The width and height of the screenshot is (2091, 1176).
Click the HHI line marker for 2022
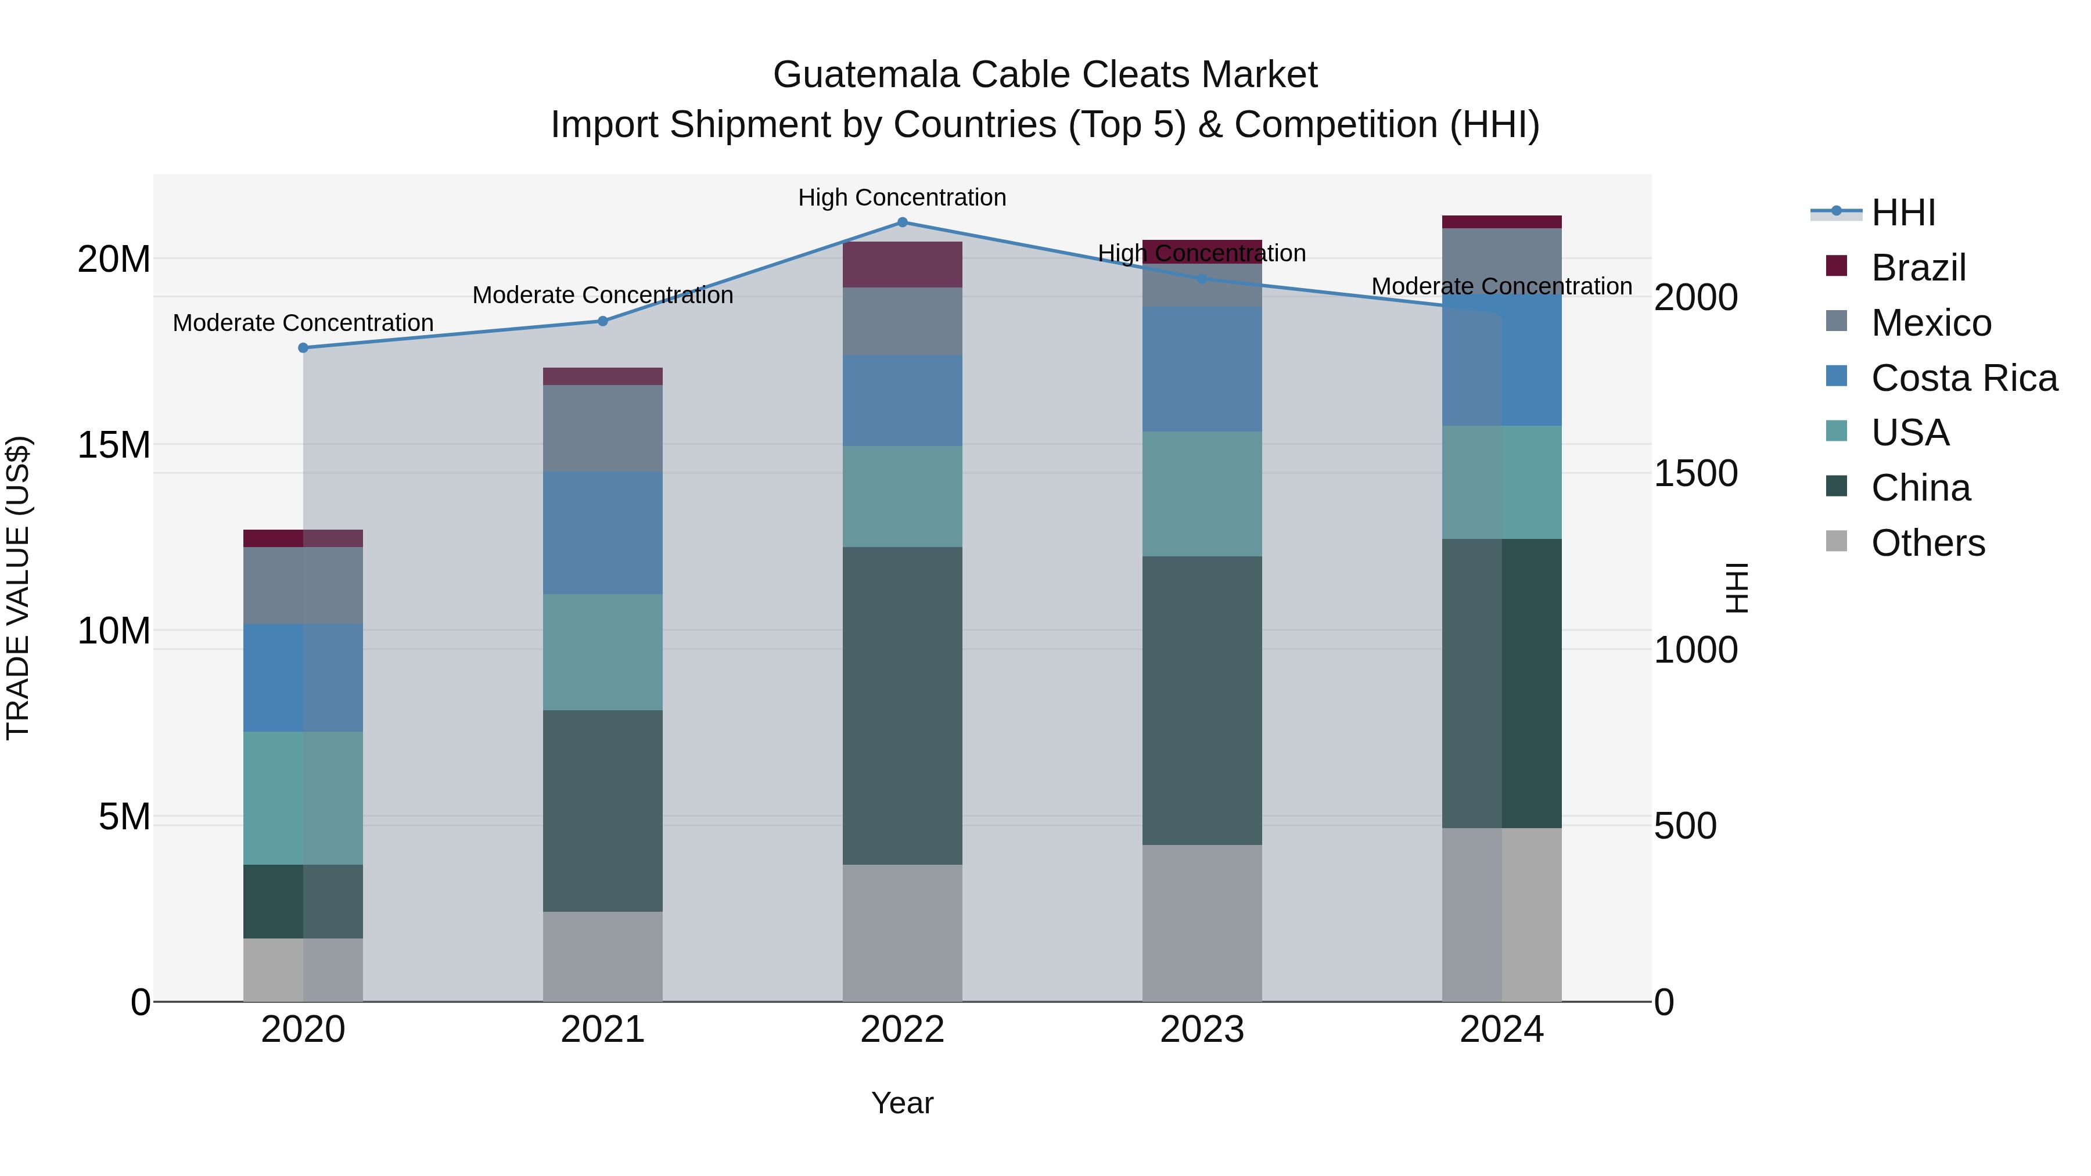click(x=902, y=222)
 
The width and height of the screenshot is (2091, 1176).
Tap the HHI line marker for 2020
click(x=303, y=347)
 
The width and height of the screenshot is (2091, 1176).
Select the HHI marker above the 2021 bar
click(x=602, y=321)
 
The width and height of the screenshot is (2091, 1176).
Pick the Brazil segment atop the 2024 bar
click(x=1501, y=222)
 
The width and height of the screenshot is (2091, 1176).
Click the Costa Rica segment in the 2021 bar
click(x=602, y=533)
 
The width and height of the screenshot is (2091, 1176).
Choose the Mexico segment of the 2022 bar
click(x=902, y=321)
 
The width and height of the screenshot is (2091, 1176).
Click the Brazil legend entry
click(x=1917, y=268)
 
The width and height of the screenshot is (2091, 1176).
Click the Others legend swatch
click(x=1836, y=541)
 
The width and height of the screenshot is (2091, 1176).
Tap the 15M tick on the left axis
click(x=114, y=445)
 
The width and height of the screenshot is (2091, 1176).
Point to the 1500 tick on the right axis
click(x=1695, y=473)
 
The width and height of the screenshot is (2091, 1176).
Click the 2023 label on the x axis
click(x=1201, y=1029)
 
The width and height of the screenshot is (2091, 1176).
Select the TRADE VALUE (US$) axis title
click(x=18, y=588)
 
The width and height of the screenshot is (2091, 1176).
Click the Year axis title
click(x=902, y=1103)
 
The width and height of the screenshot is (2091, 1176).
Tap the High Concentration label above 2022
click(x=902, y=197)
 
